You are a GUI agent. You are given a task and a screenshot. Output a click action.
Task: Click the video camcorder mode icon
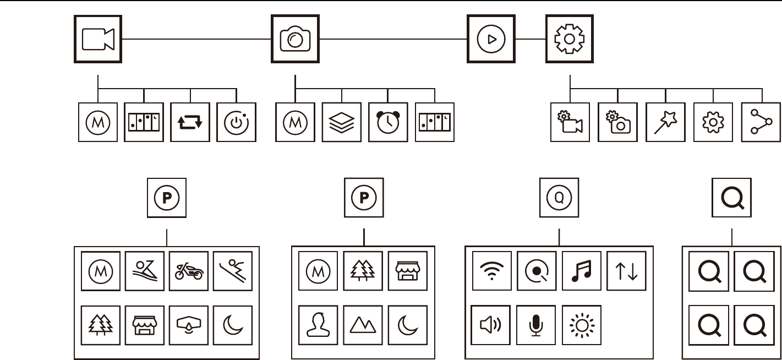97,39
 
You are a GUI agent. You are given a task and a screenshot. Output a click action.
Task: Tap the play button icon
491,39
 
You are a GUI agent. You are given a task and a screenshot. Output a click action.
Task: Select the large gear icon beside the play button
569,39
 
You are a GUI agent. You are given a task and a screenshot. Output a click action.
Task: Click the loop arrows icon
190,122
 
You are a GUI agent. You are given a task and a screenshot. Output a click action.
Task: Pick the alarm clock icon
388,122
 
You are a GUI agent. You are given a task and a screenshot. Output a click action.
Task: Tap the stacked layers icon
342,122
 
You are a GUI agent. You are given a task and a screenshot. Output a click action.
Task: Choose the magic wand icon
665,122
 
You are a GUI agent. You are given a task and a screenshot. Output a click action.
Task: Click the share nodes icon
760,122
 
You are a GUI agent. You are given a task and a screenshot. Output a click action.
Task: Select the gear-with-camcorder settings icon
570,122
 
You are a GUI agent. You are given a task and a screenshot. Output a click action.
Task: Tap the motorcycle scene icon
189,271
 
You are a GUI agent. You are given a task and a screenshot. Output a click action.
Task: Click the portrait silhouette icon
318,325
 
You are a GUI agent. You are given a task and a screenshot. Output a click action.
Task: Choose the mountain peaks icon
363,325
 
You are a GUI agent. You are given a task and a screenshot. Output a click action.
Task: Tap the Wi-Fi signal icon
492,271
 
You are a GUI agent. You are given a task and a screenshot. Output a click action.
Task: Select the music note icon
582,271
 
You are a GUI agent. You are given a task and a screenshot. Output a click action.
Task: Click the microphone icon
536,325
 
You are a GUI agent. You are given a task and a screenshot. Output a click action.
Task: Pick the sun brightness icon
582,325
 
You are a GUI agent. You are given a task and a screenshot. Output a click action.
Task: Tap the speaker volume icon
491,325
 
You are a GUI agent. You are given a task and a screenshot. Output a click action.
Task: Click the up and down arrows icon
626,271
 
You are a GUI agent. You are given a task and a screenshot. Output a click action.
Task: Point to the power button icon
236,122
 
